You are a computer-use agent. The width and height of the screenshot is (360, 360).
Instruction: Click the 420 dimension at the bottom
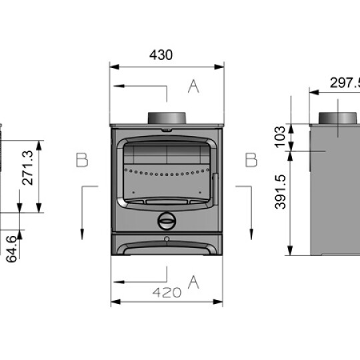pos(167,292)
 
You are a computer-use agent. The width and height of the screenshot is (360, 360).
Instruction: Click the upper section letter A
pos(193,86)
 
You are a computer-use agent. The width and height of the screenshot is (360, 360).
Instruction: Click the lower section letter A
pos(193,281)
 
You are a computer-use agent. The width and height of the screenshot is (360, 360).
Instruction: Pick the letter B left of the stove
pos(82,160)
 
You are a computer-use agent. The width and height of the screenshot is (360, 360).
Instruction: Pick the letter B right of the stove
pos(251,160)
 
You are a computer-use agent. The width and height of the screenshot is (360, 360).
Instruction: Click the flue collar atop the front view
pos(167,117)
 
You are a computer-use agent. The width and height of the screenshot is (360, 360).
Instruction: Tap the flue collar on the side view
pos(339,118)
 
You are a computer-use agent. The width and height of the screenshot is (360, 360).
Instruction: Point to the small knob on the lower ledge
pos(167,238)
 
